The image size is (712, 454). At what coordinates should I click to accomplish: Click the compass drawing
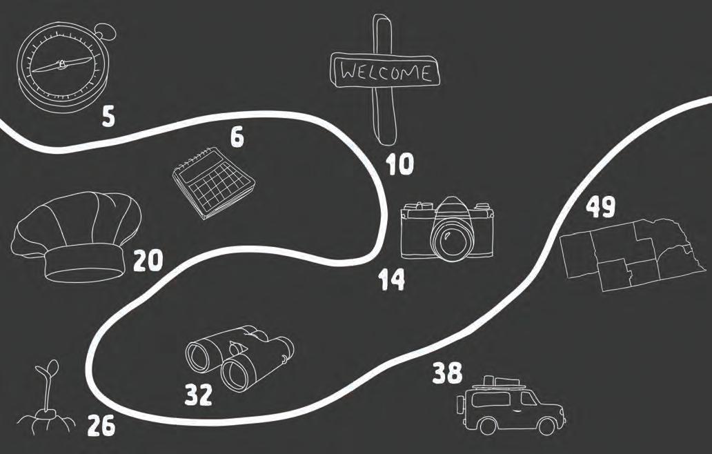coord(62,66)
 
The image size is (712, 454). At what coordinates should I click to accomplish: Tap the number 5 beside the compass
coord(108,117)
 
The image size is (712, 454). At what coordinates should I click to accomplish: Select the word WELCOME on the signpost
coord(385,72)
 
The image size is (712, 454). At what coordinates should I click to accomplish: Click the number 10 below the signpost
coord(400,164)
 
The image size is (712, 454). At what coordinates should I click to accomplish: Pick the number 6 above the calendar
coord(237,137)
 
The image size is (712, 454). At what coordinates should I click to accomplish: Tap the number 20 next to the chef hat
coord(148,260)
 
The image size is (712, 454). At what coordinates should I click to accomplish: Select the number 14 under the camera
coord(391,279)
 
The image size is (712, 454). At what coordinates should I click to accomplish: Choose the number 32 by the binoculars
coord(199,395)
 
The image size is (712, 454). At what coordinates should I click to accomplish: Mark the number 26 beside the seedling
coord(101,428)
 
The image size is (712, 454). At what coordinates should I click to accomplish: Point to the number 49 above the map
coord(601,207)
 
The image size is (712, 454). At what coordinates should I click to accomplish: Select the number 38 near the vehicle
coord(447,375)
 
